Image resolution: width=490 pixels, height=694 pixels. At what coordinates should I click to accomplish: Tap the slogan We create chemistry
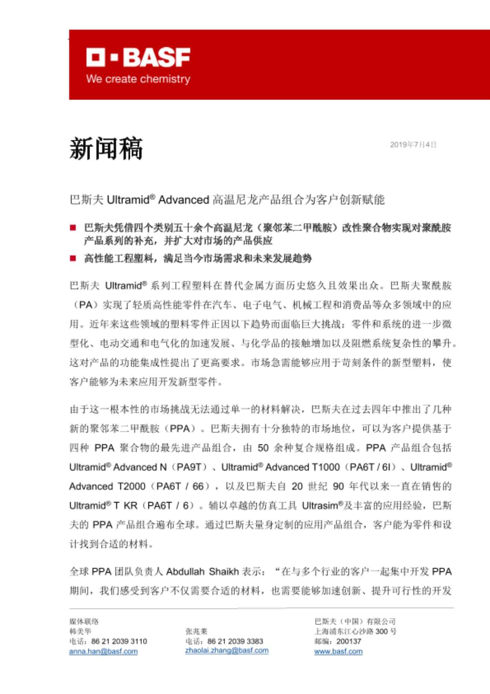point(138,79)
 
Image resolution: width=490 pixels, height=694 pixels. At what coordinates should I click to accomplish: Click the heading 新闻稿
point(106,149)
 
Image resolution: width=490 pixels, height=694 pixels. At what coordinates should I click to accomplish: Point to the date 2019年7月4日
point(413,144)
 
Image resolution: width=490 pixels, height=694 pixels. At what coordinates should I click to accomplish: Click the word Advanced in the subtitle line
point(183,200)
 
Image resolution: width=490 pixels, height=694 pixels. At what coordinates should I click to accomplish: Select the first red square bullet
point(73,228)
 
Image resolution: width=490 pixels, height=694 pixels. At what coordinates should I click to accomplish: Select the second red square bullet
point(73,258)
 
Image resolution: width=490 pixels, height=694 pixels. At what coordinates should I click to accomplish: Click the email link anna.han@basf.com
point(103,651)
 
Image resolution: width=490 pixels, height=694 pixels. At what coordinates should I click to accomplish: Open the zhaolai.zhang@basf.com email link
point(227,650)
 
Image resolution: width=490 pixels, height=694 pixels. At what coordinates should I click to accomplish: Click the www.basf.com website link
point(338,651)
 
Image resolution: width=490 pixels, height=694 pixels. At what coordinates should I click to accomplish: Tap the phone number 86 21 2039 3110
point(119,641)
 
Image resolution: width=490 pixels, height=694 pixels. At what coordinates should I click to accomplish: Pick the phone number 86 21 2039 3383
point(235,641)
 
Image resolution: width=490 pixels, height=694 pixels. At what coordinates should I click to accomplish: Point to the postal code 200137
point(349,641)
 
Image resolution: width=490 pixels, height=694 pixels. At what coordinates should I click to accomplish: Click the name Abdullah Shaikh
point(203,572)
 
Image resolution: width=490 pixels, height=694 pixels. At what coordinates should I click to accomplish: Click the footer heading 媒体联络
point(84,621)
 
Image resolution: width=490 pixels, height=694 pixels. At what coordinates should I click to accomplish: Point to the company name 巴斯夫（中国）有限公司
point(355,621)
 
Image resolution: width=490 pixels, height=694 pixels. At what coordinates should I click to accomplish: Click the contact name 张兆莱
point(196,631)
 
